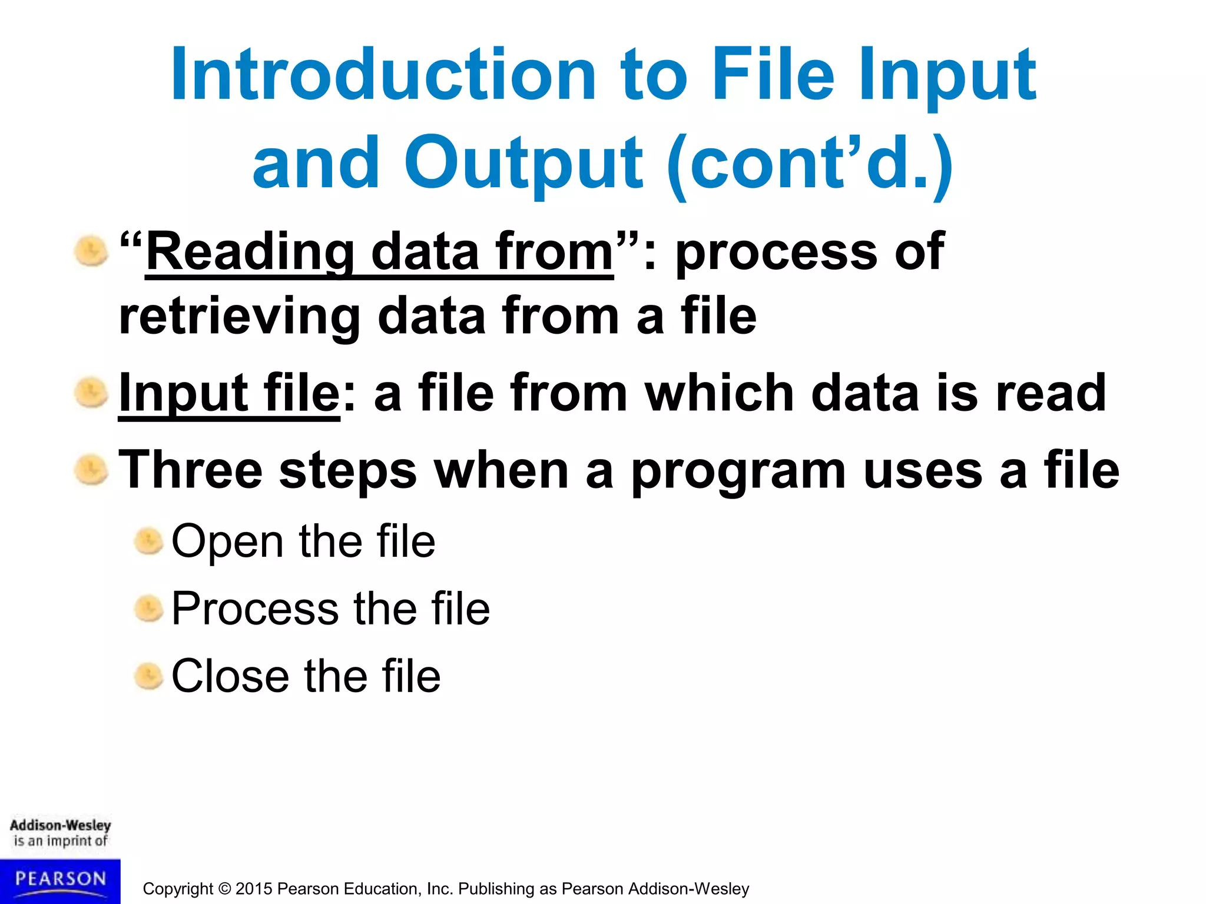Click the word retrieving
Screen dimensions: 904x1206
(x=239, y=317)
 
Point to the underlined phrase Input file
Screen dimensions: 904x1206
(x=229, y=393)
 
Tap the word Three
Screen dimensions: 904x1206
(x=190, y=470)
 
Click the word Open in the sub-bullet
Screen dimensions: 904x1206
(x=227, y=541)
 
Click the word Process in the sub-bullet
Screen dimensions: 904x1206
(x=255, y=609)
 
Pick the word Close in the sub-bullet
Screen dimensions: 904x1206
(x=230, y=676)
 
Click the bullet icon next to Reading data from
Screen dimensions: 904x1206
(x=91, y=251)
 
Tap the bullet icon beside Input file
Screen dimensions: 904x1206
(x=91, y=393)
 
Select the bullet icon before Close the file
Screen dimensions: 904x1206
(x=148, y=676)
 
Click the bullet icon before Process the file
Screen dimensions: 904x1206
(x=148, y=609)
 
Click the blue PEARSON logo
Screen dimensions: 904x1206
(x=60, y=880)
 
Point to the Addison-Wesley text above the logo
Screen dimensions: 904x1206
(x=60, y=825)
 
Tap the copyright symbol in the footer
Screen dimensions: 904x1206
(x=224, y=889)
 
